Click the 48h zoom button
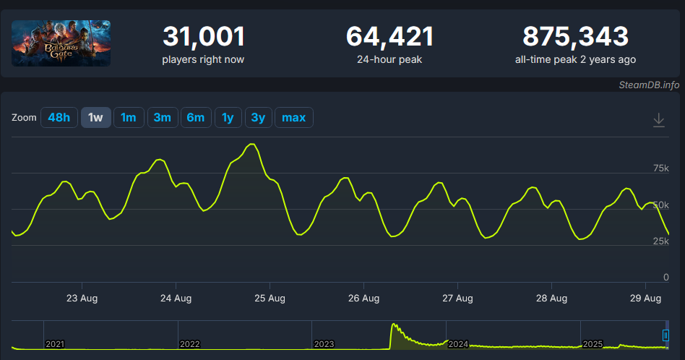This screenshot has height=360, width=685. [x=59, y=118]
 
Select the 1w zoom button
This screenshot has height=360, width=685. [x=95, y=118]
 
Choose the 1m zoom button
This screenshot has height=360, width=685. [x=129, y=118]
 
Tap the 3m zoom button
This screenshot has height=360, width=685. [x=163, y=118]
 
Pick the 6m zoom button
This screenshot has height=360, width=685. [x=196, y=118]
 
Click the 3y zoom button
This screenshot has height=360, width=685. [x=258, y=118]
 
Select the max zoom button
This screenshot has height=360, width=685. [x=293, y=118]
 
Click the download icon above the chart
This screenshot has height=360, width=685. [x=658, y=120]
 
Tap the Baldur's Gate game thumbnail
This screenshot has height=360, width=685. [x=61, y=43]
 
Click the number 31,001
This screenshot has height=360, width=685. [x=204, y=36]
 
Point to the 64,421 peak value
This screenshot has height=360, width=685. [x=389, y=36]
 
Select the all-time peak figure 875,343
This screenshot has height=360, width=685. [x=575, y=36]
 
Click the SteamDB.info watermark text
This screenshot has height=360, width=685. [x=649, y=85]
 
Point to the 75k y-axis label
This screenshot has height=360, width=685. [x=660, y=168]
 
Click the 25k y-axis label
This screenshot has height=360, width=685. [x=660, y=241]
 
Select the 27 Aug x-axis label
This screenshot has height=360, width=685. [x=457, y=298]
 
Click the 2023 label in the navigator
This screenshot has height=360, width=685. [x=324, y=344]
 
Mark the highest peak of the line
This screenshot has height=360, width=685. [x=251, y=144]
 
